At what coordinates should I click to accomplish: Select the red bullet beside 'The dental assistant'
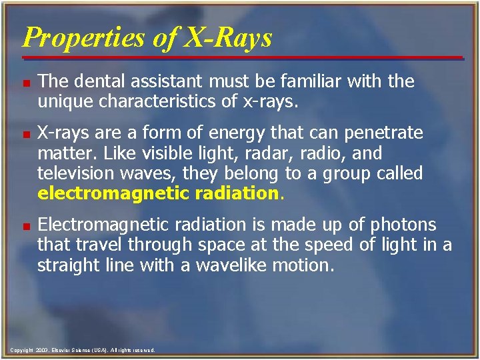pyautogui.click(x=25, y=83)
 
